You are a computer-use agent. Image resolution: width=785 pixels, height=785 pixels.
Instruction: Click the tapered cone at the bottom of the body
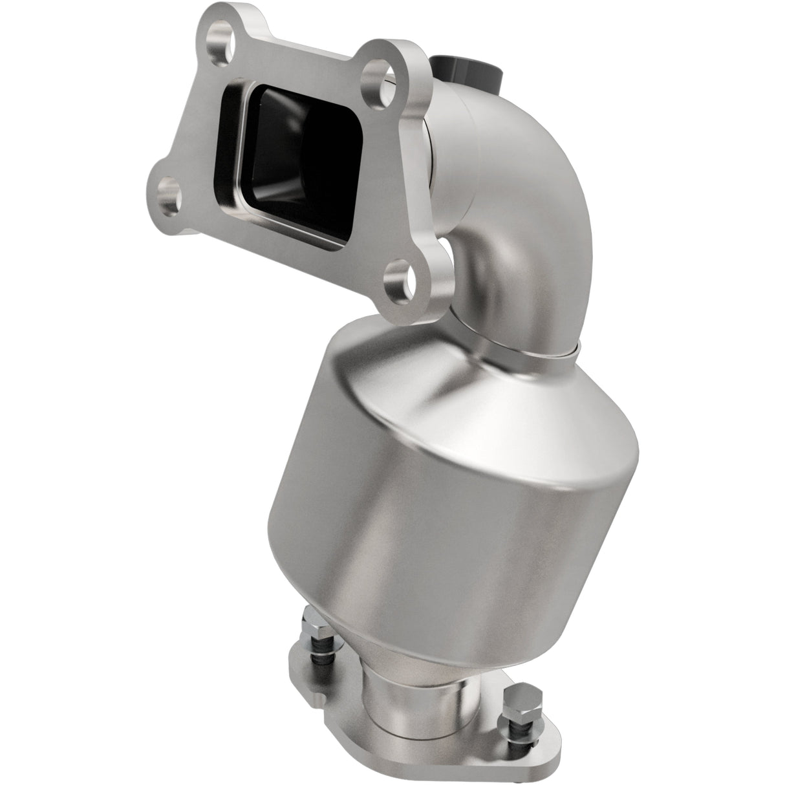362,653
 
